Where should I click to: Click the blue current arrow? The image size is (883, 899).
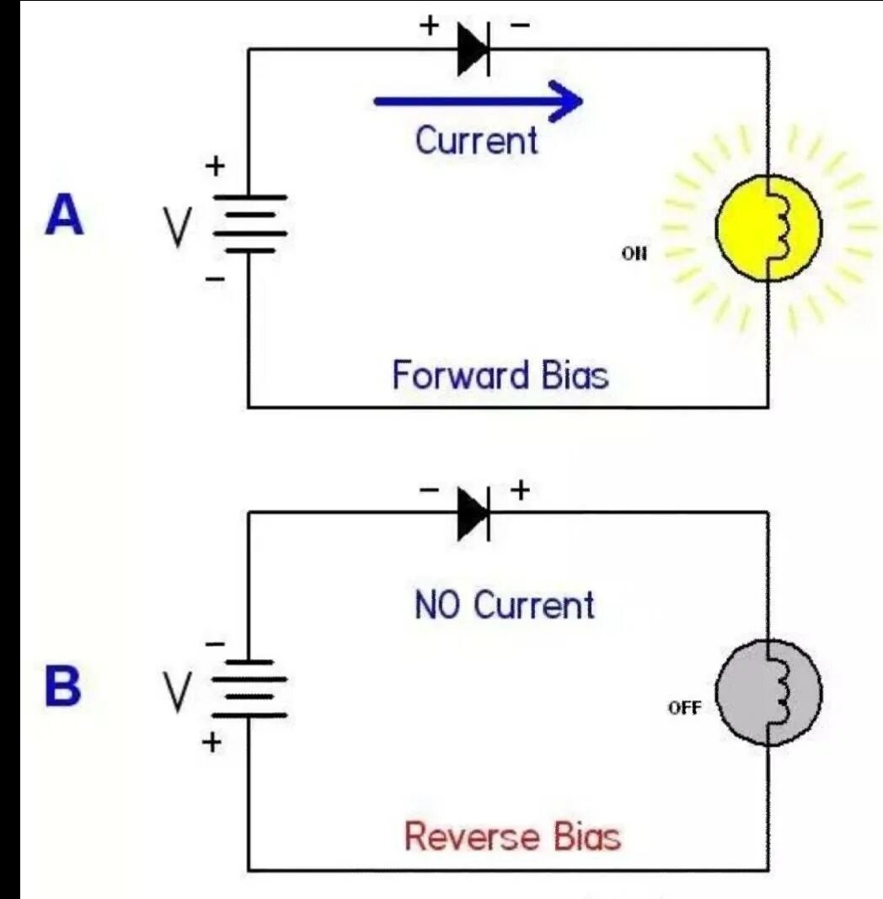(x=478, y=102)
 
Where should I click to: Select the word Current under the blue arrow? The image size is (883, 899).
(x=476, y=140)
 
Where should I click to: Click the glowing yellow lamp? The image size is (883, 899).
(x=768, y=227)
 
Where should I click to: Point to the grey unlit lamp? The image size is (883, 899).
(x=768, y=693)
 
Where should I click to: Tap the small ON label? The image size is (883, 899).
(x=634, y=252)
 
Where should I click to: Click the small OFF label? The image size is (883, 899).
(x=684, y=708)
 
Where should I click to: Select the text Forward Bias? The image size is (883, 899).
(x=500, y=375)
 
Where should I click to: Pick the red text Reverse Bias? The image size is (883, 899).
(x=512, y=837)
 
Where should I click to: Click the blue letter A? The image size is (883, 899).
(x=65, y=217)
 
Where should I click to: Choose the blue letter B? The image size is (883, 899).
(x=63, y=688)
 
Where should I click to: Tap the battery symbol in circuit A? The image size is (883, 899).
(x=249, y=223)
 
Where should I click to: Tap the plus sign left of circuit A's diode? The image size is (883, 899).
(x=430, y=25)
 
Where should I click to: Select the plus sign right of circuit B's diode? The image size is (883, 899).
(x=520, y=490)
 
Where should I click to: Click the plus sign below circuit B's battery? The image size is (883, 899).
(x=214, y=742)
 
